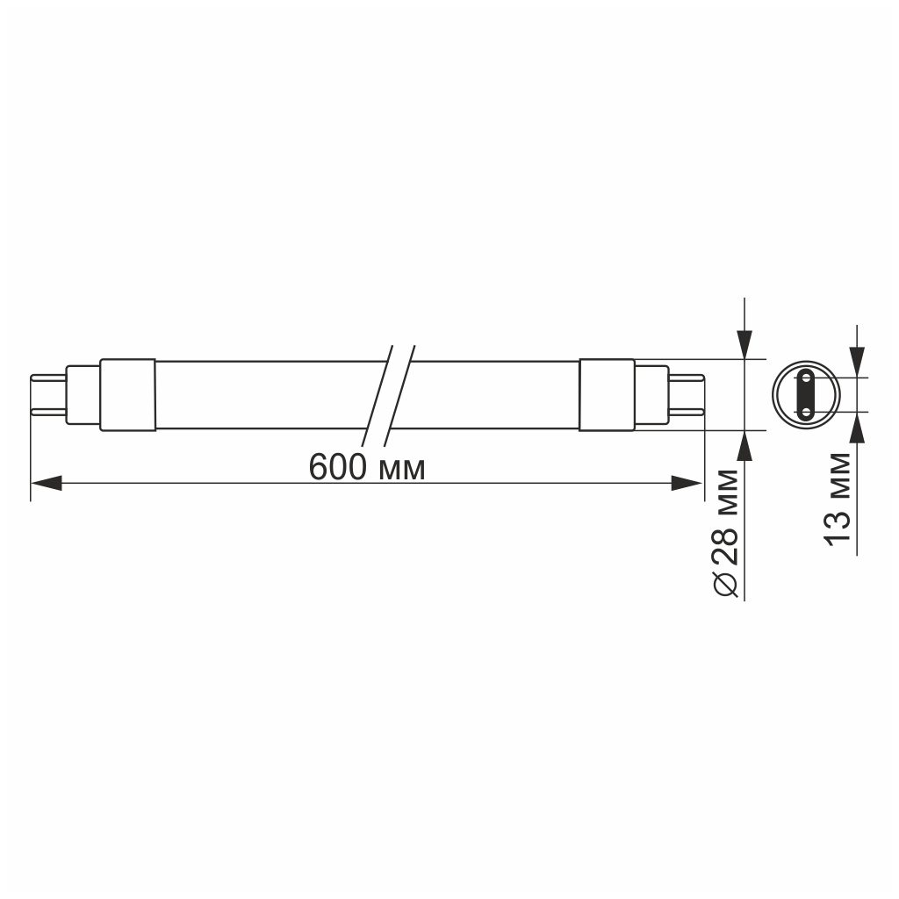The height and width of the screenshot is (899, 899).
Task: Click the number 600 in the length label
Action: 338,468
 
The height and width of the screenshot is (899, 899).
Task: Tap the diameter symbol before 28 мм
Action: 726,583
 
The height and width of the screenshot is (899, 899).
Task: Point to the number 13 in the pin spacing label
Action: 838,527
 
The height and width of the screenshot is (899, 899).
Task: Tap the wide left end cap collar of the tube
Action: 128,395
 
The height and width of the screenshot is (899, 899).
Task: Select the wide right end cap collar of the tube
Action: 607,395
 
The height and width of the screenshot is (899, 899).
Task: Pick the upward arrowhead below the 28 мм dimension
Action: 744,445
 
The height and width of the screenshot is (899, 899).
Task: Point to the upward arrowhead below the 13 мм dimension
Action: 858,427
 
